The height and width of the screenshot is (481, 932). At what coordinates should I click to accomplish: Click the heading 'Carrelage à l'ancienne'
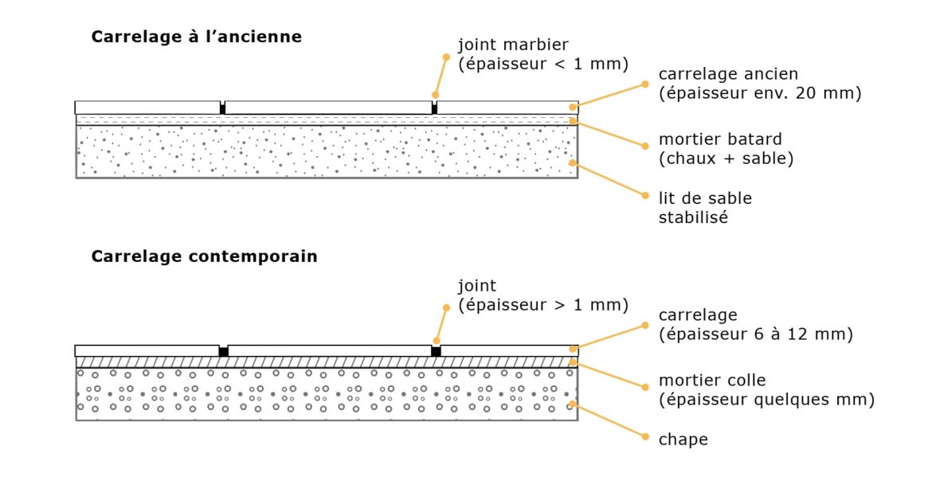pyautogui.click(x=197, y=37)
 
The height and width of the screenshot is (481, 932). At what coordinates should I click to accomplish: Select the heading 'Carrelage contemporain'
pyautogui.click(x=205, y=256)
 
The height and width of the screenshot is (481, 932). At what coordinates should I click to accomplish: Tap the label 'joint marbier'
pyautogui.click(x=513, y=45)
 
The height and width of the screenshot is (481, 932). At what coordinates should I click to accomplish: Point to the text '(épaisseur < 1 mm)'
pyautogui.click(x=543, y=65)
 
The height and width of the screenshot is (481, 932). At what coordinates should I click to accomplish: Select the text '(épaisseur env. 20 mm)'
pyautogui.click(x=760, y=93)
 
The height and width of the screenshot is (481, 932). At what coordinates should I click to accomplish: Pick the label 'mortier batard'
pyautogui.click(x=719, y=139)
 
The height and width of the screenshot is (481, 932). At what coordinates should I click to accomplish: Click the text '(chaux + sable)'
pyautogui.click(x=726, y=158)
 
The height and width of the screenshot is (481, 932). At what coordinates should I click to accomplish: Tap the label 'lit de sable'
pyautogui.click(x=705, y=197)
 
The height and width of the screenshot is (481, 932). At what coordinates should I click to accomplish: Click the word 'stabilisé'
pyautogui.click(x=693, y=217)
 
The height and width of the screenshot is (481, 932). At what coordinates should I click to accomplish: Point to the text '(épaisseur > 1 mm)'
pyautogui.click(x=543, y=305)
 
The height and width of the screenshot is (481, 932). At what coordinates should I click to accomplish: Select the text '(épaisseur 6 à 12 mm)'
pyautogui.click(x=756, y=334)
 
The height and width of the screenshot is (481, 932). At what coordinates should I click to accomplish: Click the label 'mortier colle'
pyautogui.click(x=712, y=381)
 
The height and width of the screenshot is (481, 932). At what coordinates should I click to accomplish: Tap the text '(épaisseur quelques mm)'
pyautogui.click(x=766, y=400)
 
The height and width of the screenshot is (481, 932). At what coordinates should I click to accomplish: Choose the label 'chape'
pyautogui.click(x=683, y=440)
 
